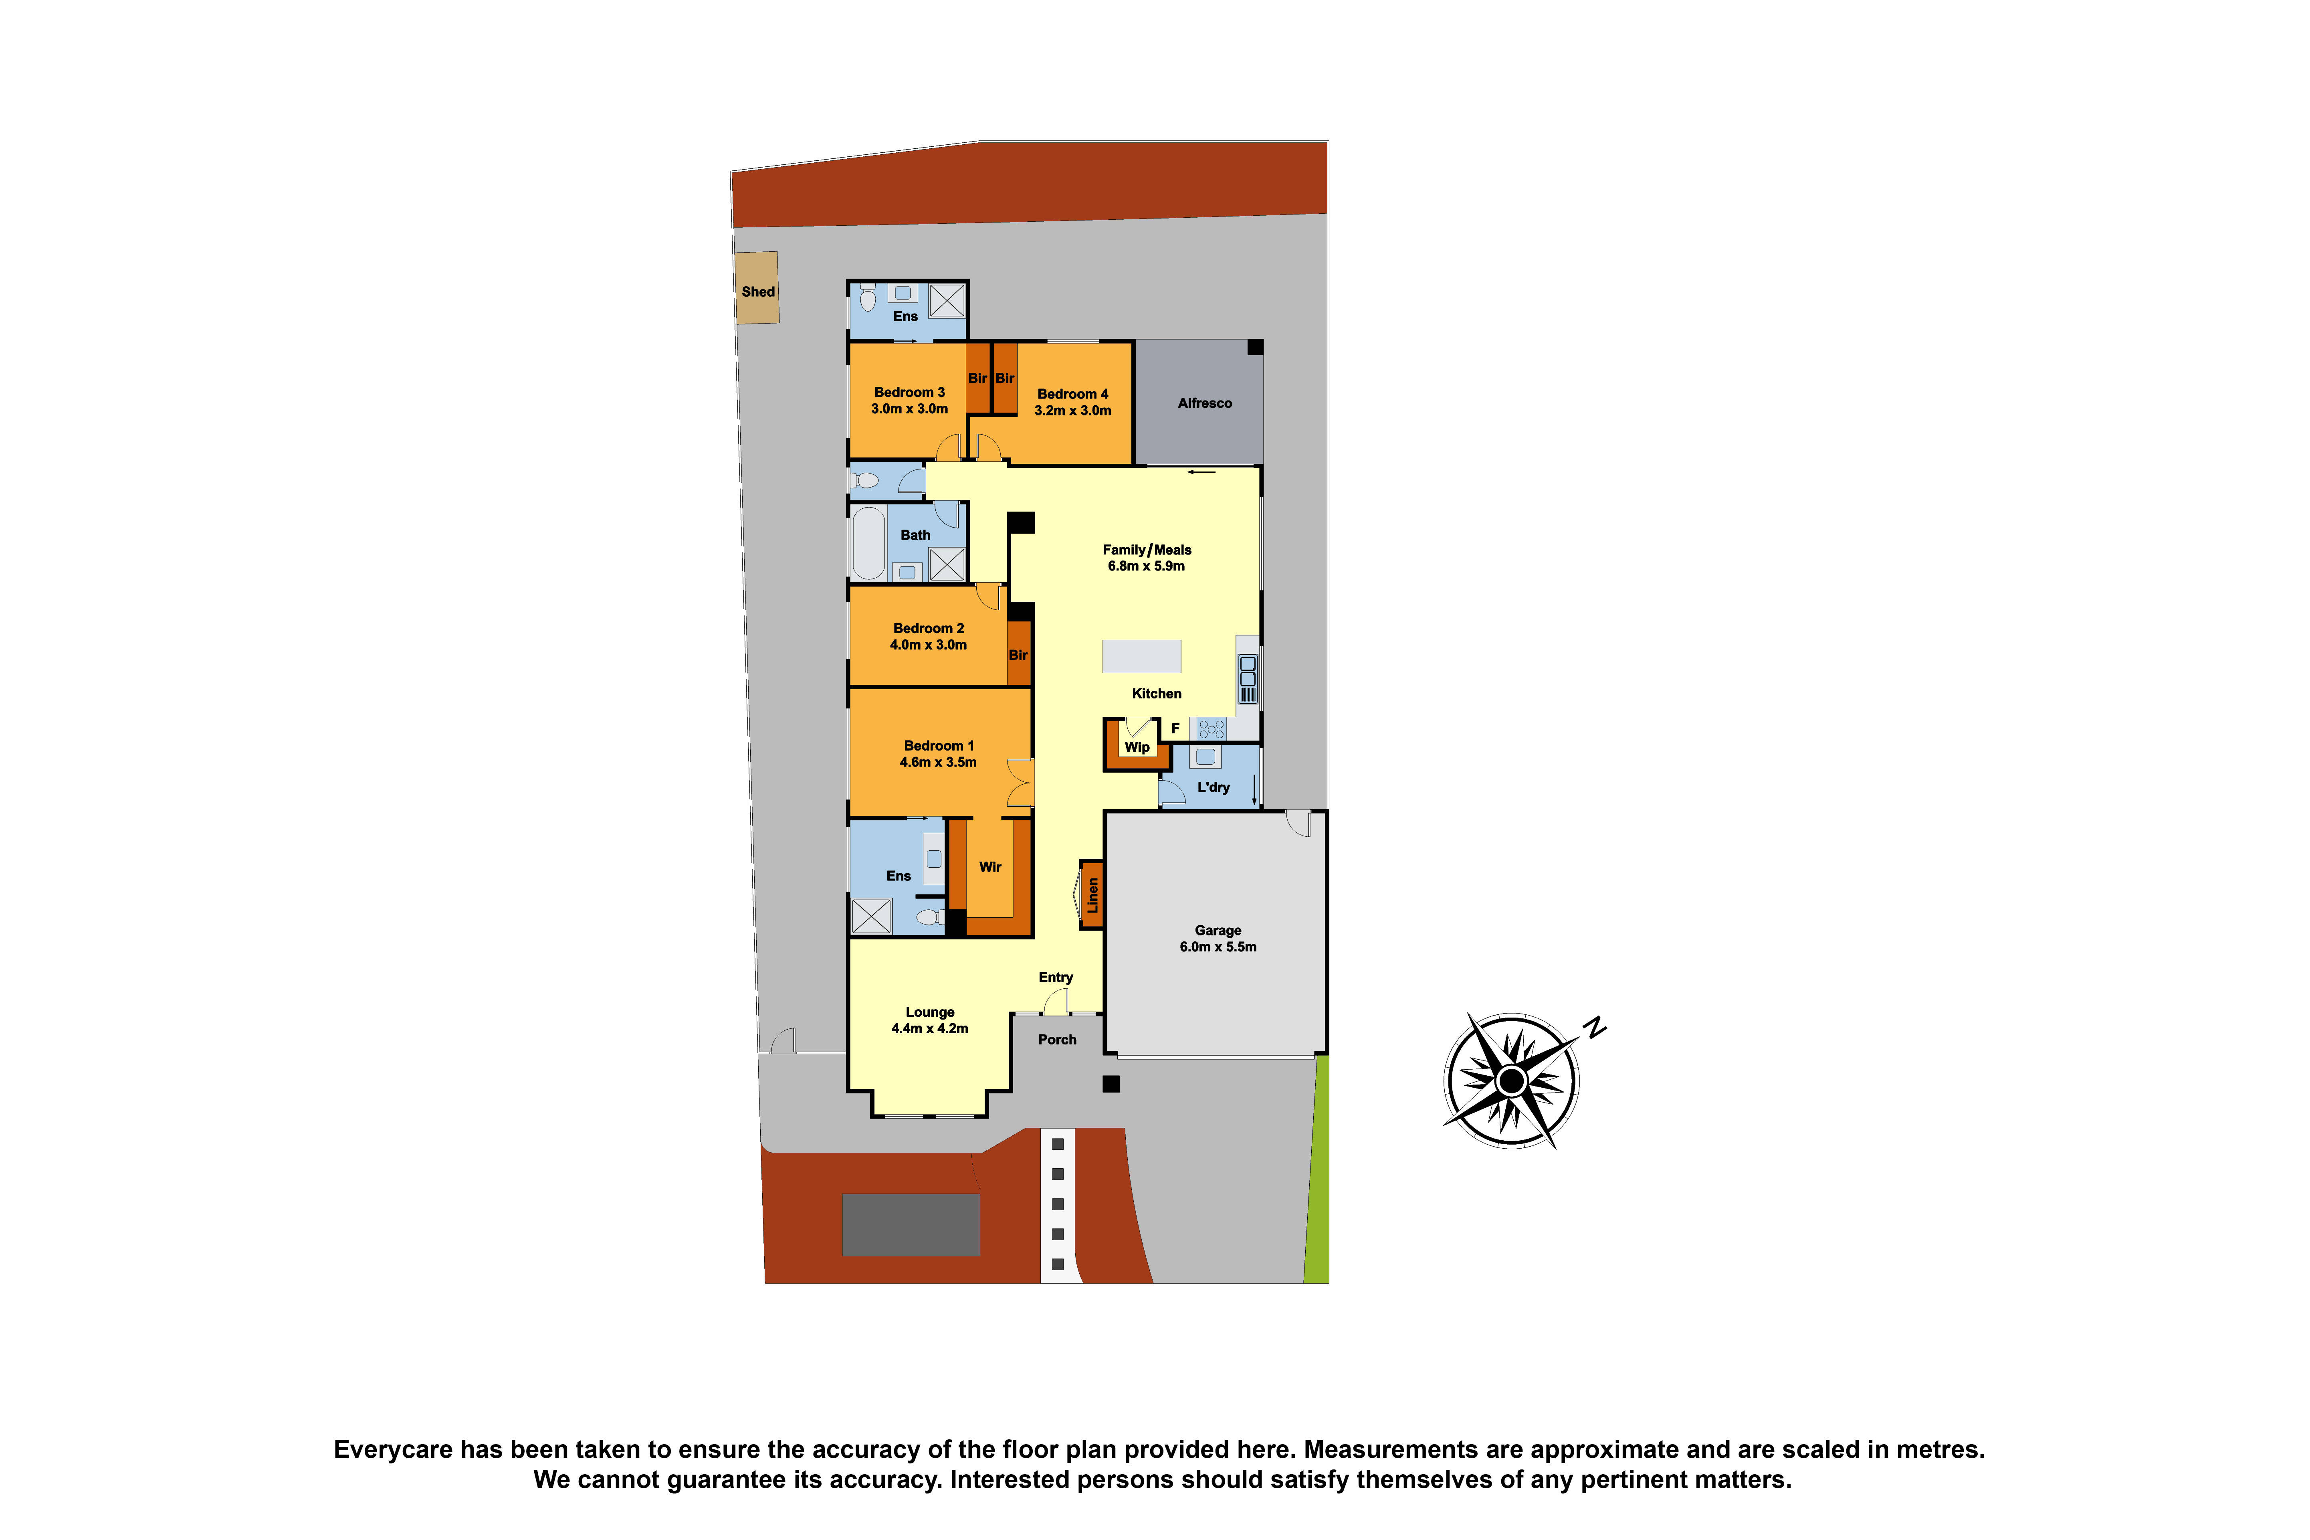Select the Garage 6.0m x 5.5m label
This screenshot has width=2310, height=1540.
tap(1218, 938)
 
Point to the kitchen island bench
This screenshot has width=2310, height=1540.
tap(1141, 656)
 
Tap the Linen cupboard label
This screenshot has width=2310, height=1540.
tap(1092, 895)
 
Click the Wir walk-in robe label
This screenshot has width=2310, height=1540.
tap(989, 866)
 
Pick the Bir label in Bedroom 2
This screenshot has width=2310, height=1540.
tap(1018, 655)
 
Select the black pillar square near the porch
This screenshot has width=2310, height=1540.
tap(1111, 1083)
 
